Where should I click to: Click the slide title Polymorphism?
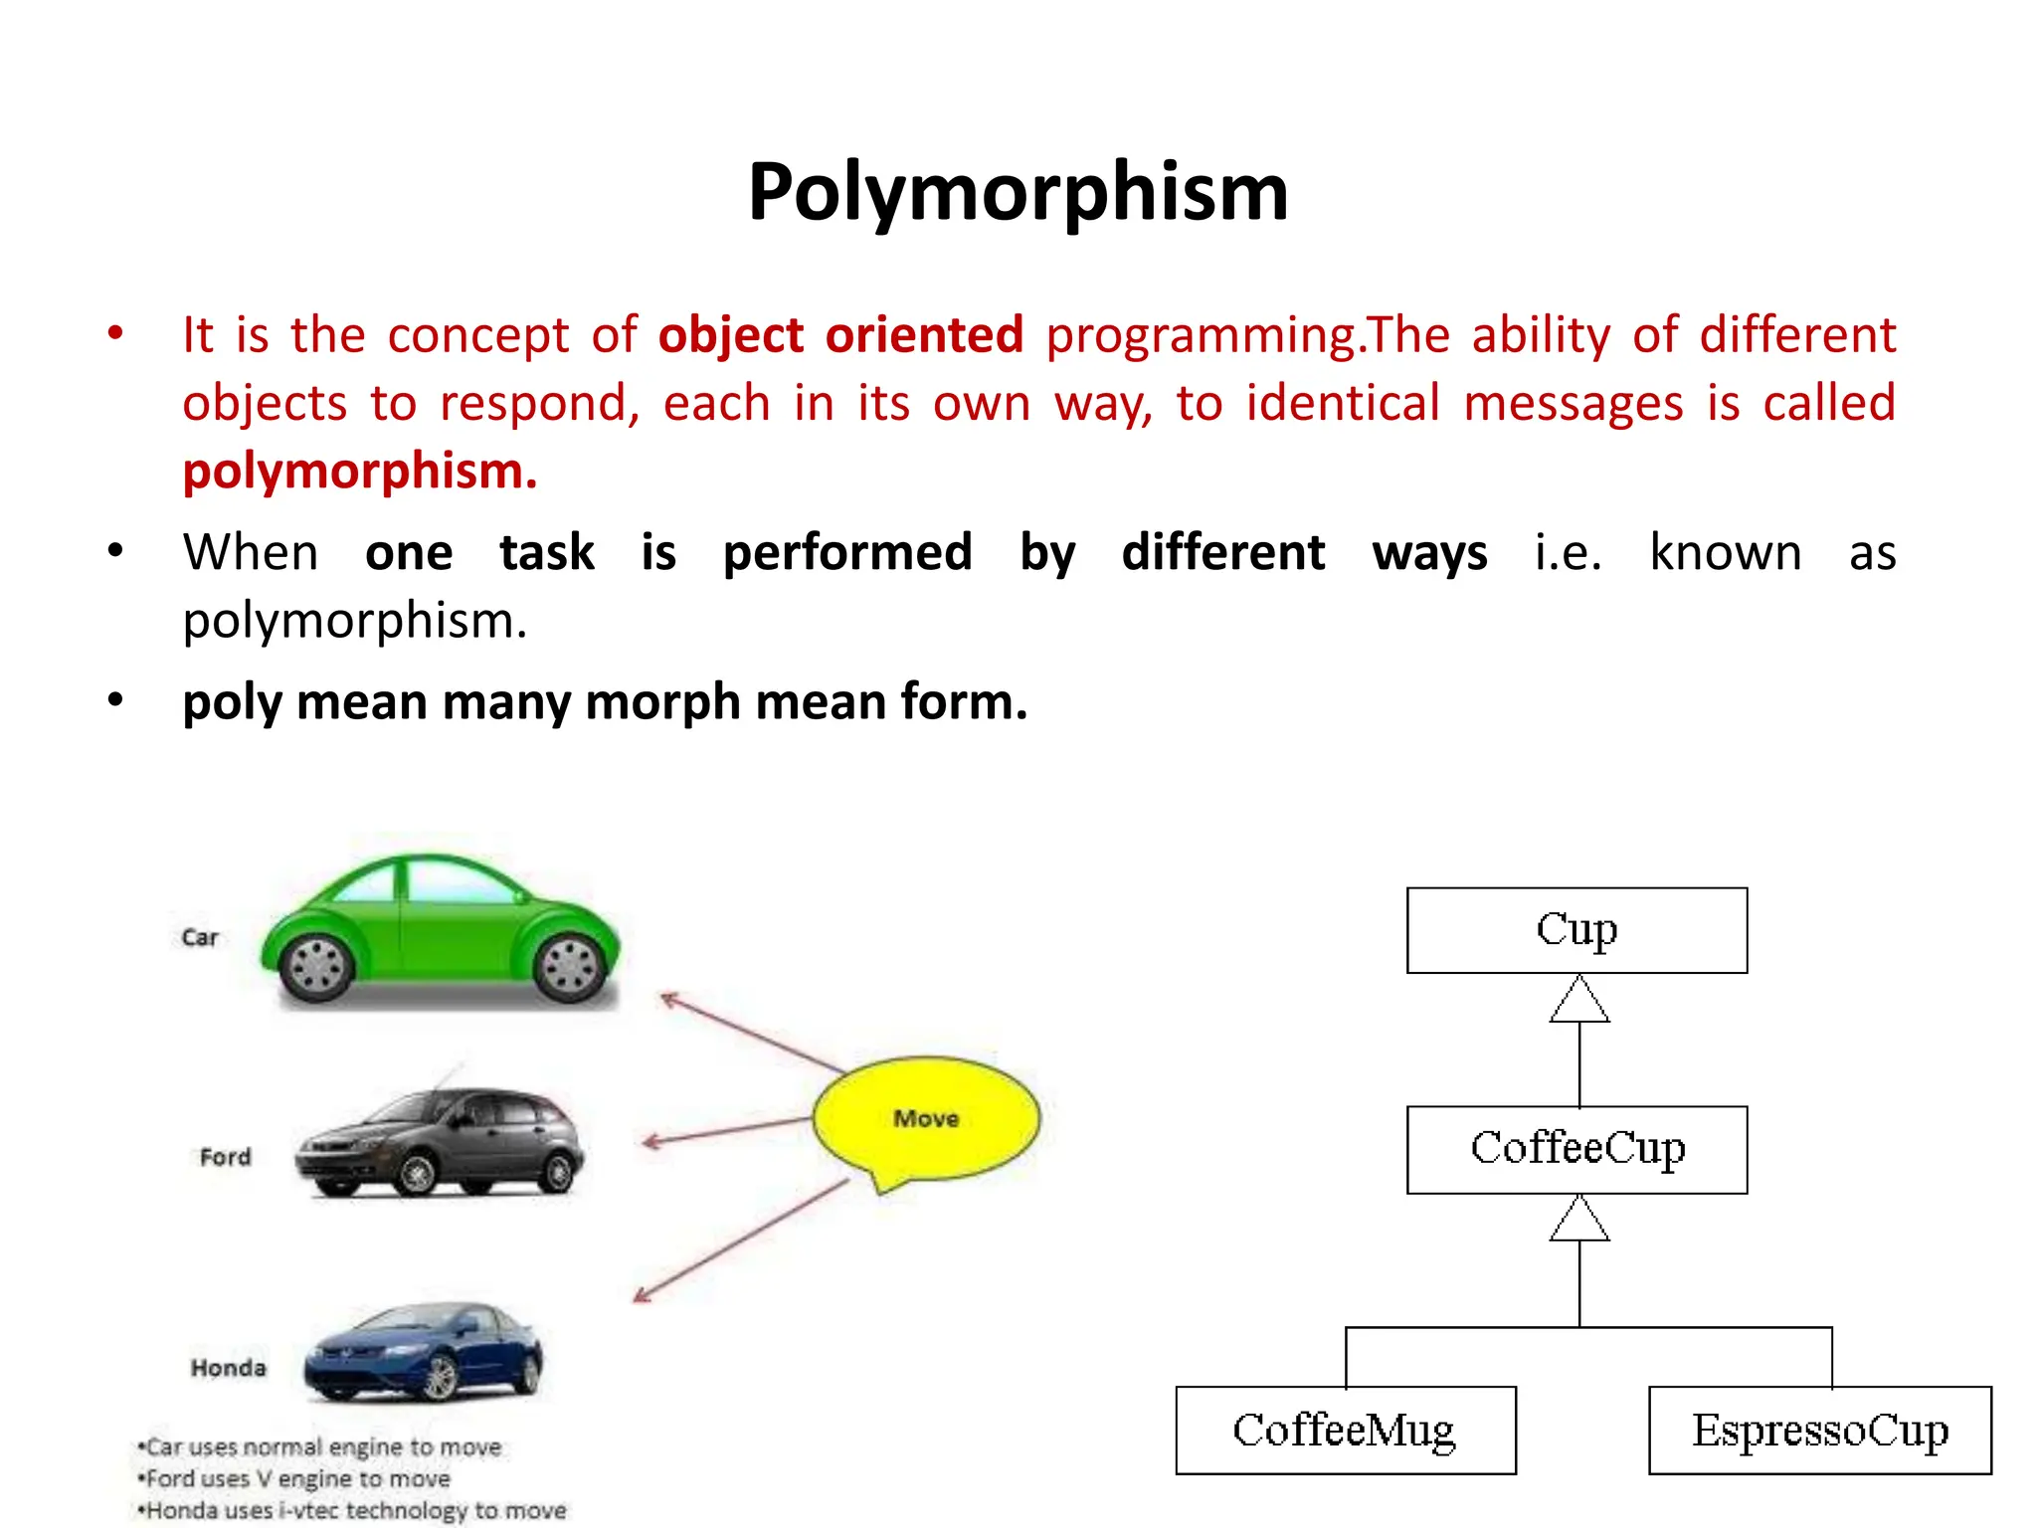point(1018,191)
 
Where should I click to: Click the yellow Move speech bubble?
point(926,1119)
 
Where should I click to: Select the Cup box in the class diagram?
point(1576,930)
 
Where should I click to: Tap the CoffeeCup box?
point(1576,1149)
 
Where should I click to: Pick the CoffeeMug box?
point(1345,1430)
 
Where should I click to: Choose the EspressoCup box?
point(1819,1430)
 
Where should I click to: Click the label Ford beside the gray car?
point(225,1157)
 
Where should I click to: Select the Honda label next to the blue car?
point(228,1368)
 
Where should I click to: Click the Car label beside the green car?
point(199,937)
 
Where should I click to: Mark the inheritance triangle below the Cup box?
point(1579,1001)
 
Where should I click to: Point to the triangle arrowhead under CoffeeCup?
point(1579,1220)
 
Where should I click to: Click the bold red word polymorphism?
point(359,471)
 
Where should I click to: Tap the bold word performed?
point(847,552)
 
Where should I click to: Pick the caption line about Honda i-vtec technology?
point(352,1510)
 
